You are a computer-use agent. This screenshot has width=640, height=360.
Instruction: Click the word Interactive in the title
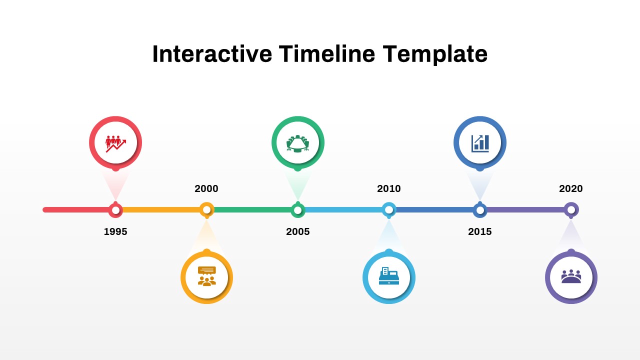click(212, 54)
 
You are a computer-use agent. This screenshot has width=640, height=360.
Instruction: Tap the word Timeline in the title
click(327, 54)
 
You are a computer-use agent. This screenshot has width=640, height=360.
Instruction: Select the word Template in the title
click(435, 54)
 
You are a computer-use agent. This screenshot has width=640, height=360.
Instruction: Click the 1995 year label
click(115, 231)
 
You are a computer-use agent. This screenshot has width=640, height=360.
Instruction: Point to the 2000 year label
click(206, 188)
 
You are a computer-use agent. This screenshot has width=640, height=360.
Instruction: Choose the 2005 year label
click(298, 231)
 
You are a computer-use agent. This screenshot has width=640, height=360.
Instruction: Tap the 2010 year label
click(389, 188)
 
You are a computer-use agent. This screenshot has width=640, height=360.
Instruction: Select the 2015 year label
click(480, 231)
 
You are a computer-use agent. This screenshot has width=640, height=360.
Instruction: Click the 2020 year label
click(571, 188)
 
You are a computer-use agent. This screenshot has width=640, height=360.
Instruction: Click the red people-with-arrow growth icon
click(115, 142)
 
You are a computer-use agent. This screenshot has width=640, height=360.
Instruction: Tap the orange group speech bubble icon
click(206, 276)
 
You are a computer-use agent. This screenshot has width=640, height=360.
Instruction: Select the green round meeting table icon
click(298, 143)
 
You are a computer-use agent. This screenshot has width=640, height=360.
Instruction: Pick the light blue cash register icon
click(389, 276)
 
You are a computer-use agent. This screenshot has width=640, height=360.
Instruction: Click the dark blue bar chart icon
click(480, 143)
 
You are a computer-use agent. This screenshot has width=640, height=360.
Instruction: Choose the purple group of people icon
click(571, 276)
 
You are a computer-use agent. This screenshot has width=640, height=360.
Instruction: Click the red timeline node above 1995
click(115, 210)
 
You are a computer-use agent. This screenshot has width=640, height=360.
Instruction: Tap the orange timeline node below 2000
click(206, 209)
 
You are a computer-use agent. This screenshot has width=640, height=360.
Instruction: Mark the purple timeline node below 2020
click(571, 209)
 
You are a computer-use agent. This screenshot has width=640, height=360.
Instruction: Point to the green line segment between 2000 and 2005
click(252, 210)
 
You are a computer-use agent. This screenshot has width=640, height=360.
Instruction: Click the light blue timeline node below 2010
click(389, 209)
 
